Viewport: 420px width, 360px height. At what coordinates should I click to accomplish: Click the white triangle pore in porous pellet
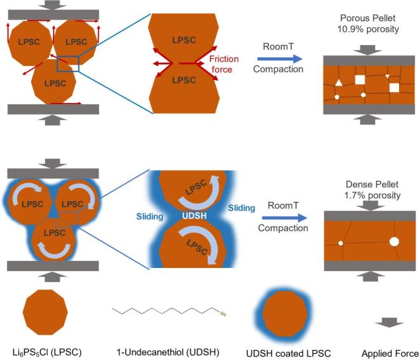coord(339,83)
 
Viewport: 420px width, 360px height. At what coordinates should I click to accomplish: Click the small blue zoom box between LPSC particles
coord(67,64)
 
